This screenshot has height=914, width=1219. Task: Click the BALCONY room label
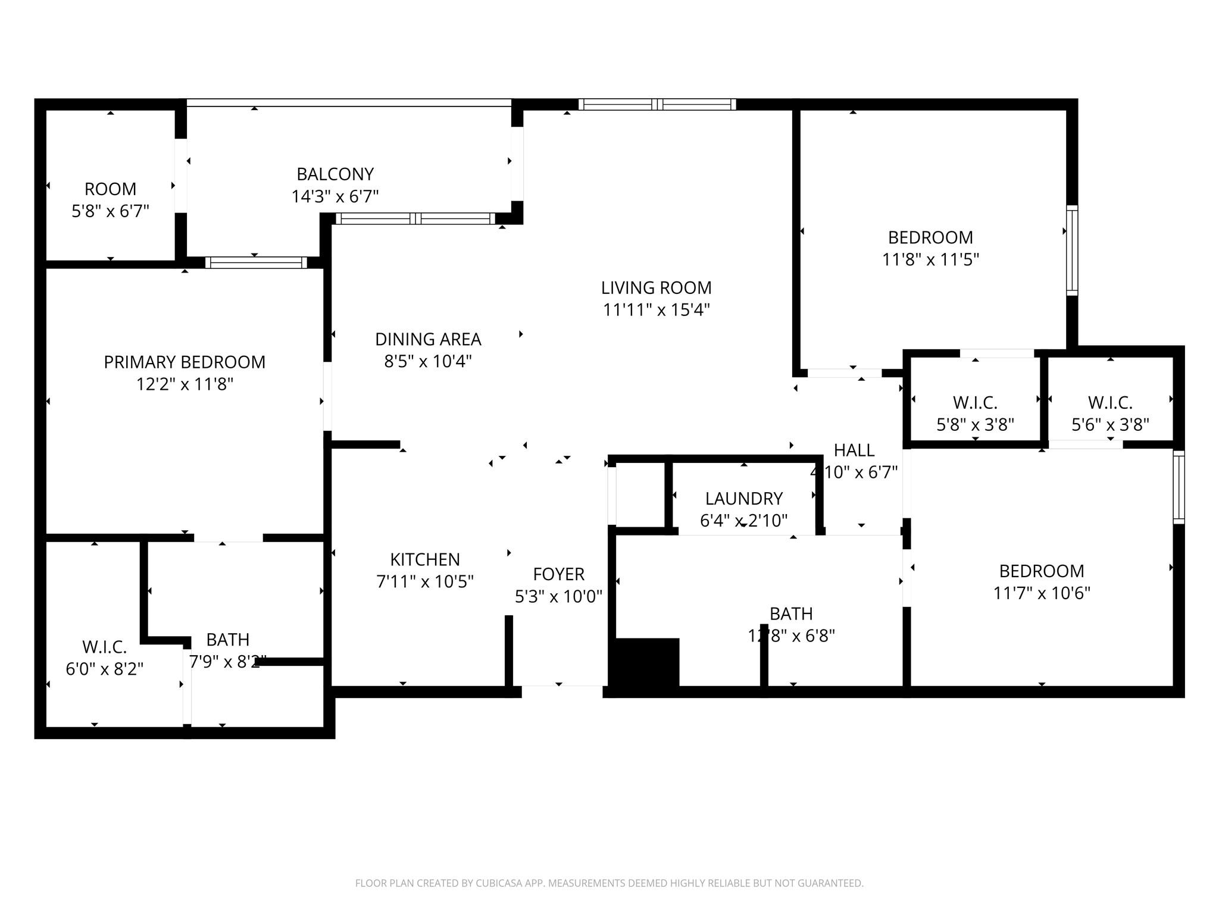[335, 174]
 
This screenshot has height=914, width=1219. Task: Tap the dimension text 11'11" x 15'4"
[656, 310]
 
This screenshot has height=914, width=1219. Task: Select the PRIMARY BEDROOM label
[185, 362]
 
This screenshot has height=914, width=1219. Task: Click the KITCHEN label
[425, 559]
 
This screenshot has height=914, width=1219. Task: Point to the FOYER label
[558, 574]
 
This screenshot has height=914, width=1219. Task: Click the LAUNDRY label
[743, 499]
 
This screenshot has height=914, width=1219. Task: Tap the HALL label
[854, 450]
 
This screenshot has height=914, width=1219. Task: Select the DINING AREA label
[428, 339]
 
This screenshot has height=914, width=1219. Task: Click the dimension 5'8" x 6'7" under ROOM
[110, 211]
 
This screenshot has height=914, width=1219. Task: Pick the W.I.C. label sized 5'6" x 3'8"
[1110, 403]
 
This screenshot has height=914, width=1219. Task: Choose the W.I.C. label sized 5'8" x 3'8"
[975, 403]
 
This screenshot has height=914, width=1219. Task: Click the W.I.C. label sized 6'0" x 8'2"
[104, 647]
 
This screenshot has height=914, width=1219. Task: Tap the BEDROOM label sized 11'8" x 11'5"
[930, 237]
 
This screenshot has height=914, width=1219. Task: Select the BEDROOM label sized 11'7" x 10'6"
[1041, 571]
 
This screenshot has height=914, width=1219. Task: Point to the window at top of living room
[657, 105]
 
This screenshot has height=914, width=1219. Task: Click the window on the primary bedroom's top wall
[256, 262]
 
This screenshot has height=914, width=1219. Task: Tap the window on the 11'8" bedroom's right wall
[1071, 251]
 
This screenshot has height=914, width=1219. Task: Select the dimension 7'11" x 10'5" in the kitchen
[425, 581]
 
